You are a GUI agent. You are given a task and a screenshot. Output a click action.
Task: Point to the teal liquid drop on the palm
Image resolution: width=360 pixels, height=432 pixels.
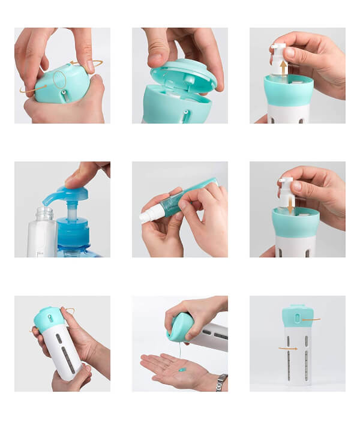(x=181, y=370)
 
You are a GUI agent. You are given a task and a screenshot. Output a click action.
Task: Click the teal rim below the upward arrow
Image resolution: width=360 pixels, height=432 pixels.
(x=289, y=88)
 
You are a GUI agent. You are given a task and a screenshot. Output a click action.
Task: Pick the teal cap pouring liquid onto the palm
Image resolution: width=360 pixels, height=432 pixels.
(x=180, y=328)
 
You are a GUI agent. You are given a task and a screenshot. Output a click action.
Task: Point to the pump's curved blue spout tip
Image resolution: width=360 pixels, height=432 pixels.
(x=46, y=202)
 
